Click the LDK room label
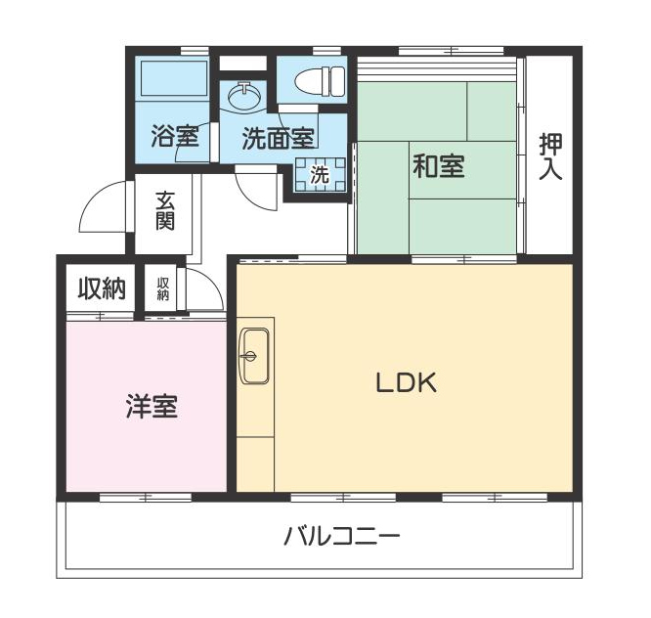click(x=406, y=382)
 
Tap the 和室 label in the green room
click(x=439, y=166)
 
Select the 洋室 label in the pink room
click(x=152, y=406)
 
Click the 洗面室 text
click(x=279, y=138)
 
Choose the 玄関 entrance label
click(x=165, y=211)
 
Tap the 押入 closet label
click(x=550, y=156)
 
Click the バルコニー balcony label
click(x=341, y=536)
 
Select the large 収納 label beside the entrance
click(x=102, y=288)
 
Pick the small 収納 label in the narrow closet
click(x=162, y=288)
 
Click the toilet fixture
click(x=320, y=79)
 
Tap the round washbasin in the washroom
click(x=245, y=96)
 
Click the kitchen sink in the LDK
click(x=255, y=356)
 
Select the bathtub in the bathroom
click(x=174, y=79)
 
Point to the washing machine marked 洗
click(x=320, y=174)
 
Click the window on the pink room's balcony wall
click(x=146, y=497)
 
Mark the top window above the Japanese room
click(x=452, y=51)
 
